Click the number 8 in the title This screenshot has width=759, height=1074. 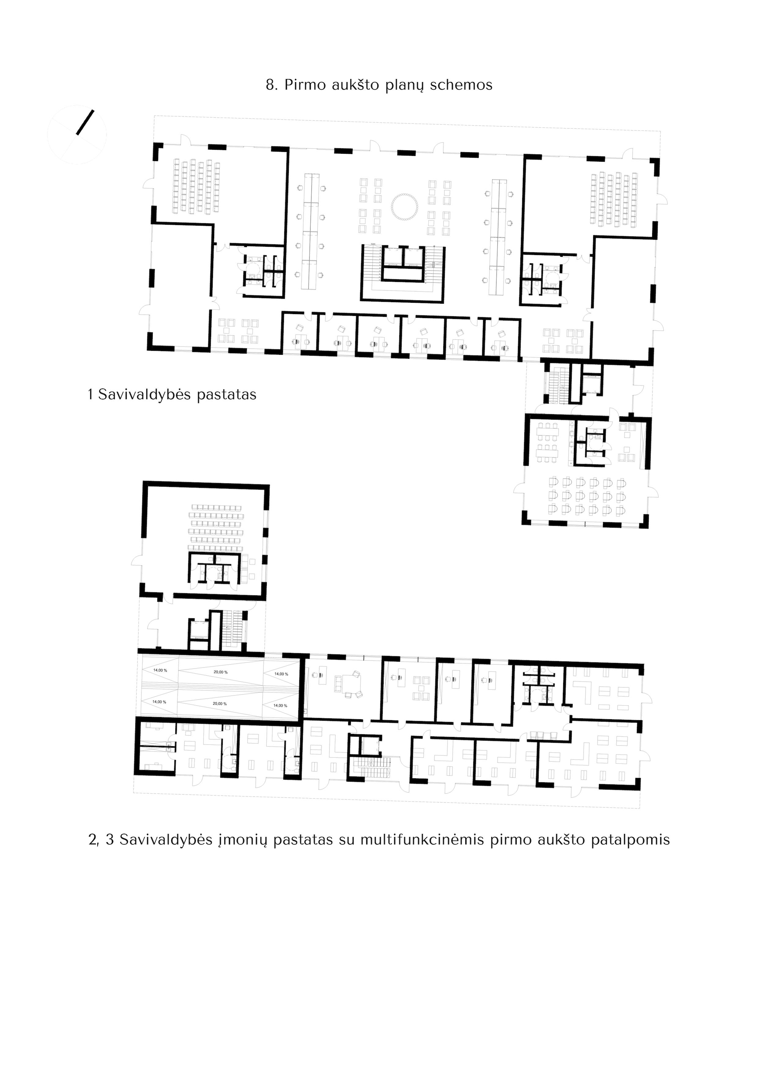[x=270, y=85]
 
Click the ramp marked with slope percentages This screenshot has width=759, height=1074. [x=220, y=688]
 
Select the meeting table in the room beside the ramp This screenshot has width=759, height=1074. [x=348, y=684]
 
